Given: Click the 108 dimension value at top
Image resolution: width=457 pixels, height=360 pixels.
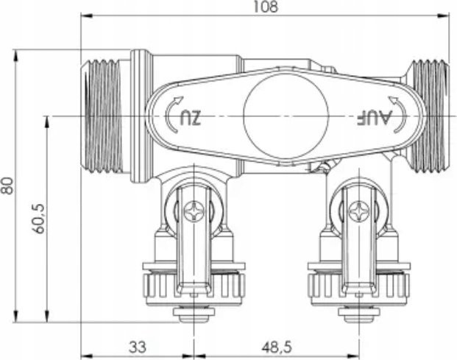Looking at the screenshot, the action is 266,7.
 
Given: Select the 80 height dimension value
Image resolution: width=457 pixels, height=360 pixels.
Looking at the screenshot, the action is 7,186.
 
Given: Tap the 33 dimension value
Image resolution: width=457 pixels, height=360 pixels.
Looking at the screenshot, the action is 138,347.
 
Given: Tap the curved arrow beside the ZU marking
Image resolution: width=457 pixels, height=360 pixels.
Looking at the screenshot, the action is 173,115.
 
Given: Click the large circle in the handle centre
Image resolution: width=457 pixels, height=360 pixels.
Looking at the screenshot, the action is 286,116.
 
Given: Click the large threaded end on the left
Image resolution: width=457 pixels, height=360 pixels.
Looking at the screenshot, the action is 101,116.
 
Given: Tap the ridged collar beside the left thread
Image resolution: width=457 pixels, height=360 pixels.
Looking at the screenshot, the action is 141,116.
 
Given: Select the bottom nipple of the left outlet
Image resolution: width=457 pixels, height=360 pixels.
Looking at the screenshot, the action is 194,314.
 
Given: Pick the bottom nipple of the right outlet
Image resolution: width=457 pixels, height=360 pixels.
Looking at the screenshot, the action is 359,314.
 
